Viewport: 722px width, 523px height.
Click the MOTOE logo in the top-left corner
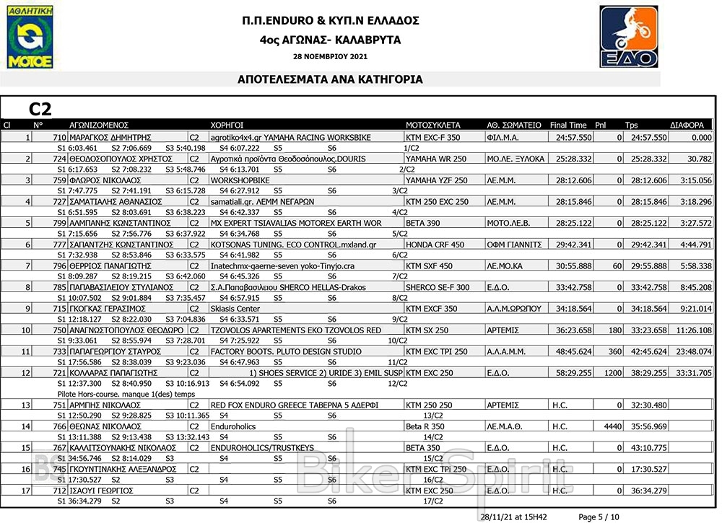point(30,39)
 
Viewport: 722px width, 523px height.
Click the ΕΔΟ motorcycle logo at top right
point(629,37)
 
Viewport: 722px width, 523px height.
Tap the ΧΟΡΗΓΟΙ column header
point(226,125)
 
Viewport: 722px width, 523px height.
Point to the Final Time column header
point(568,125)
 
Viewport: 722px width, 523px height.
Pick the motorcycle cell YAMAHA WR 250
point(436,159)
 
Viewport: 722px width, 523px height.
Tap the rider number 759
point(59,180)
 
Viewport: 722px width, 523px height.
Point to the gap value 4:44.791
point(695,245)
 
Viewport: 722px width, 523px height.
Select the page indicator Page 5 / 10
point(599,517)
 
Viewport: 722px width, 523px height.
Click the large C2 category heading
point(40,109)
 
